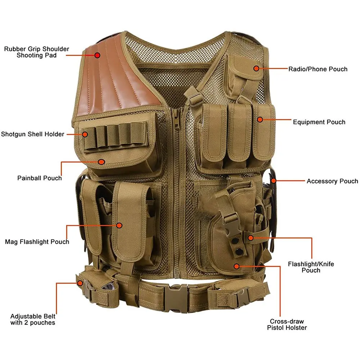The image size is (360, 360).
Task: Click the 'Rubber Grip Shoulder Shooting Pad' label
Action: [x=36, y=52]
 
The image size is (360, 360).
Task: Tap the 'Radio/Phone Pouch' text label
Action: [x=318, y=69]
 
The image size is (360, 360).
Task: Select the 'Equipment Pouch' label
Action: [x=319, y=122]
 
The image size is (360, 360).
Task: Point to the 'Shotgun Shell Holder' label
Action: [x=32, y=134]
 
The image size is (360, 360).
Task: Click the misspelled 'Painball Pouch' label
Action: [x=40, y=178]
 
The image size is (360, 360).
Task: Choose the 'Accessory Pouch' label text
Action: [x=332, y=181]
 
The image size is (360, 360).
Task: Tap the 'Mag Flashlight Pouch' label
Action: [x=37, y=242]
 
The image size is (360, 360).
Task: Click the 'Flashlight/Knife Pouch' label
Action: [x=311, y=267]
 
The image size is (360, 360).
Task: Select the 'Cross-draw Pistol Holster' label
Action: [x=287, y=324]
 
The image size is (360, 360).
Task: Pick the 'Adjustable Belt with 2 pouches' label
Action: [x=33, y=319]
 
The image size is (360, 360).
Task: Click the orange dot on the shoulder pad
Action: [x=97, y=55]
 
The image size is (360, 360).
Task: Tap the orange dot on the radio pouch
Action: [x=256, y=68]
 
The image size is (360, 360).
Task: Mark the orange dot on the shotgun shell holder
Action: [x=85, y=134]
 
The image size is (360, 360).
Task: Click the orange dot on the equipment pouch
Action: [x=260, y=119]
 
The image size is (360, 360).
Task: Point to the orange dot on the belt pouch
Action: [x=80, y=283]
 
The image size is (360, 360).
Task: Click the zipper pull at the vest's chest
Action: [x=176, y=119]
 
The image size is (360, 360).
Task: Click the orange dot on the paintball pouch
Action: [x=102, y=162]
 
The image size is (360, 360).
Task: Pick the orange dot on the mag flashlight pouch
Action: [x=120, y=225]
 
